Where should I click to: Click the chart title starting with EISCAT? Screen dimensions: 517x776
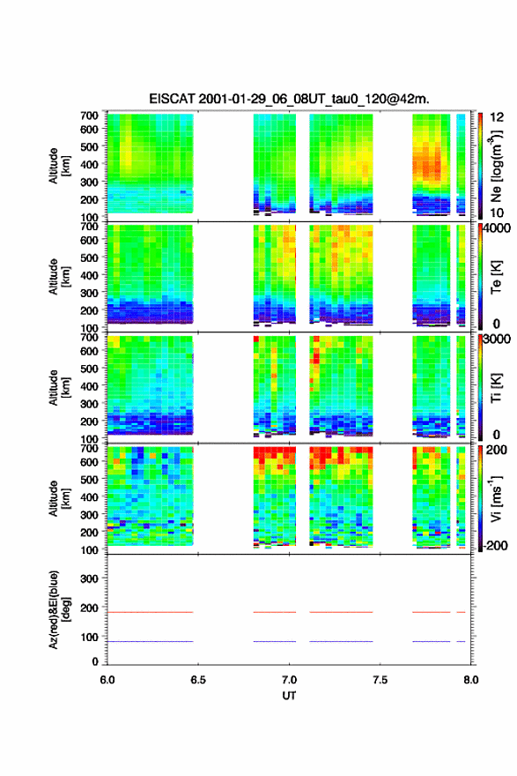(289, 99)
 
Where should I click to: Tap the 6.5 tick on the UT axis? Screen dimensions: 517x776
(198, 680)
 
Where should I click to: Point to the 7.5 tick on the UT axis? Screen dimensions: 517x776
(380, 680)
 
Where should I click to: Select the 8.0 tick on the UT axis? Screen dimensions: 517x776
(471, 680)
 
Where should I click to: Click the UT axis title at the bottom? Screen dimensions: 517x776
(289, 696)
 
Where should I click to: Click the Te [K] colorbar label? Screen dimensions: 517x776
(496, 277)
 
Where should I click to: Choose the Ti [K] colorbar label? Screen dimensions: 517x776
(496, 387)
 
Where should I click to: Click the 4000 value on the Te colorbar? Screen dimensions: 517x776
(497, 228)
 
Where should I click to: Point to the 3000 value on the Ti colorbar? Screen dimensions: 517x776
(497, 339)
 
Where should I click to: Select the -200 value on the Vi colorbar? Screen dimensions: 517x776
(495, 545)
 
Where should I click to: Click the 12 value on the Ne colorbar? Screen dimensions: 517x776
(497, 117)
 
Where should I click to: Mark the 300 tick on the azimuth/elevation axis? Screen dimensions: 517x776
(89, 578)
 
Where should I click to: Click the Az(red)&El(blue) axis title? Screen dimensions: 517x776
(60, 609)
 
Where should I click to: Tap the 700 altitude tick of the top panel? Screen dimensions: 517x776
(89, 116)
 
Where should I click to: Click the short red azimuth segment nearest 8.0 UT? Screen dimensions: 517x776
(461, 612)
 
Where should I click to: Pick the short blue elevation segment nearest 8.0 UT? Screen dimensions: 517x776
(461, 641)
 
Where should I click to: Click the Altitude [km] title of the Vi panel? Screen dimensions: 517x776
(59, 498)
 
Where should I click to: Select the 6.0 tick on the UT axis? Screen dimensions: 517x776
(107, 680)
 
